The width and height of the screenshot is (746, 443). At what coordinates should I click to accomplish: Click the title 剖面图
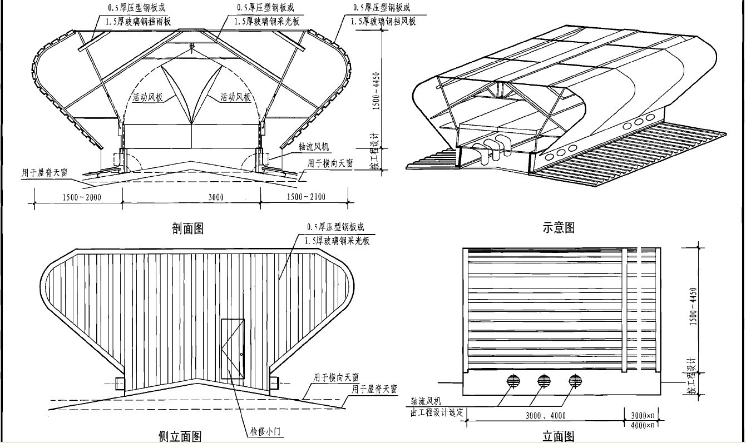188,228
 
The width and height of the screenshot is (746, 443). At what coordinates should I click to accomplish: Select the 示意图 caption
558,227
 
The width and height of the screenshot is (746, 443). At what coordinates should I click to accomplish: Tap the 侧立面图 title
180,436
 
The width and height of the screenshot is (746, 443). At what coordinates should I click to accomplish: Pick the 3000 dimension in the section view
216,197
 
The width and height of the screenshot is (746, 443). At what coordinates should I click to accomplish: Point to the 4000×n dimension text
644,425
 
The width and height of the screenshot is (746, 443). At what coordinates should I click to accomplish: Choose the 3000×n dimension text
644,415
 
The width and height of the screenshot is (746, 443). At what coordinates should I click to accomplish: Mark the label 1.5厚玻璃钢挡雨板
139,21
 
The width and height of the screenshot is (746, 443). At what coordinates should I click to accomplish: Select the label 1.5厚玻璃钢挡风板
383,21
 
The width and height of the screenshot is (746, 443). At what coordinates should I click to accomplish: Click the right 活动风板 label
235,97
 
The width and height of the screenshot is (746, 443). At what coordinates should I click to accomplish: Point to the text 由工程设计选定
437,411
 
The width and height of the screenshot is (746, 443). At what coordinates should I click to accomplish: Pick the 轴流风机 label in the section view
314,147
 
